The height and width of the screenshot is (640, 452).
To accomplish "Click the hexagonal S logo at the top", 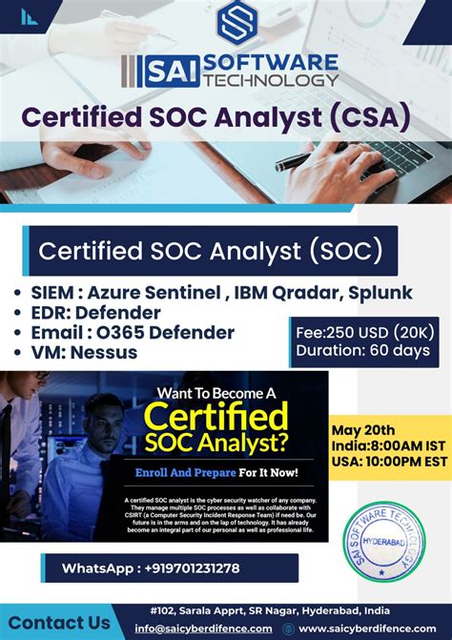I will pos(239,24).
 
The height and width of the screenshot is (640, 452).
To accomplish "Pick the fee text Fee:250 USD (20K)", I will pos(362,332).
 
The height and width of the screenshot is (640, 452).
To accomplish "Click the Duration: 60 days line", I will pos(362,350).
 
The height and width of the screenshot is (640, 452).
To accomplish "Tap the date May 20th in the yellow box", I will pos(362,430).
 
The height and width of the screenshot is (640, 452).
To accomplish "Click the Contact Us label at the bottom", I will pos(58,622).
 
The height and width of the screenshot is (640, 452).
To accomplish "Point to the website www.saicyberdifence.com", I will pos(368,630).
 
